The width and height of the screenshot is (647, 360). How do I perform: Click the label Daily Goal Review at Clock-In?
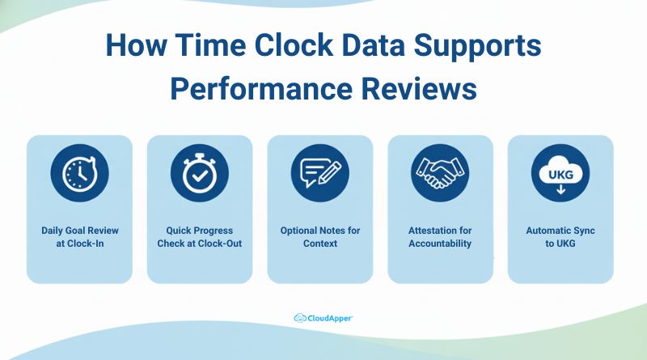pos(79,236)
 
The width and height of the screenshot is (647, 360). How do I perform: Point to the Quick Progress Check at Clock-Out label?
pos(200,236)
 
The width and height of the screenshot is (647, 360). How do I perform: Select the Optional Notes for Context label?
pos(320,236)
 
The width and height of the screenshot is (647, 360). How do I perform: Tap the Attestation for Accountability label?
pos(440,236)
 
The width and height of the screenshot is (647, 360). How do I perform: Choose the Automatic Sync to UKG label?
pos(560,236)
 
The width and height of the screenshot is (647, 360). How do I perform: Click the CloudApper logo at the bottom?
pos(323,318)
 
